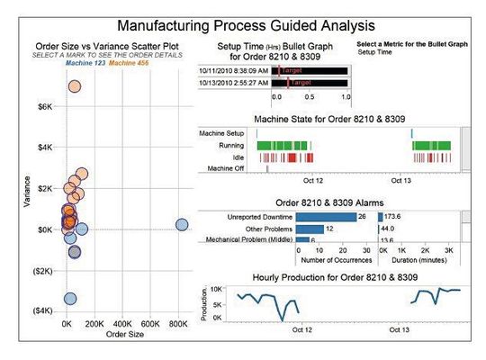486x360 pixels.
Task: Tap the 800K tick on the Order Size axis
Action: [x=180, y=322]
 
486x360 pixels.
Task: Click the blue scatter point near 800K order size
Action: [x=182, y=225]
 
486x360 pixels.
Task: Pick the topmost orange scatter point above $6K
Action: [x=75, y=87]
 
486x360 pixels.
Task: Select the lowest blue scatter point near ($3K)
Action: [x=70, y=299]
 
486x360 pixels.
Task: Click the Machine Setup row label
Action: [x=222, y=134]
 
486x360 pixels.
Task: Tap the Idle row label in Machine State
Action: [x=238, y=157]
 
